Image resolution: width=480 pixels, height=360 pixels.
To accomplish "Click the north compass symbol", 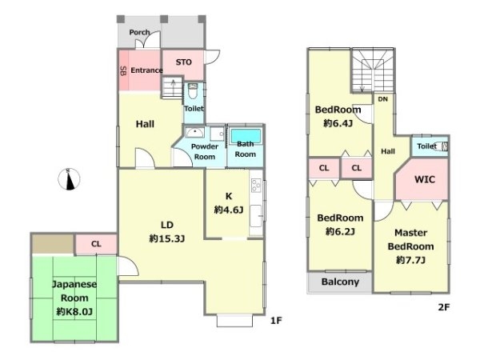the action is click(69, 179).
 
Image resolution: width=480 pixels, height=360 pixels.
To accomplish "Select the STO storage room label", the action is click(184, 62).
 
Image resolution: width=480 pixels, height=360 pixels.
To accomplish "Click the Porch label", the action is click(139, 32).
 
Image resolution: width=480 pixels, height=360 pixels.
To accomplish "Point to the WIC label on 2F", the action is click(425, 179).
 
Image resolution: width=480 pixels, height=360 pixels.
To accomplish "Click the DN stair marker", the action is click(383, 99).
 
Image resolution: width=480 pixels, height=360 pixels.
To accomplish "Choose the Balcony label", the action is click(340, 282).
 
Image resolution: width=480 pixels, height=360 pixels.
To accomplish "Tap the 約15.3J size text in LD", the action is click(167, 238).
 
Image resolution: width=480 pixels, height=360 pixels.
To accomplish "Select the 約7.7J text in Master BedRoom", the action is click(410, 260).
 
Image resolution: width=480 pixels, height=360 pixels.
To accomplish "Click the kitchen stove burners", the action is click(256, 186).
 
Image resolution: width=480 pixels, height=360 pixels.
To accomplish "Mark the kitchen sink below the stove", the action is click(256, 216).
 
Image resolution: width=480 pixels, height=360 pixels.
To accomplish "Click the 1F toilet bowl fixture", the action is click(193, 90).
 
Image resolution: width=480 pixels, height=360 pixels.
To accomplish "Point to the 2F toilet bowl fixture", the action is click(442, 146).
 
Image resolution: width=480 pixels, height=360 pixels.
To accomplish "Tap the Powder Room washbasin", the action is click(194, 133).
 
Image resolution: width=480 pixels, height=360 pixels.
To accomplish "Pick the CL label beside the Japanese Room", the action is click(96, 244).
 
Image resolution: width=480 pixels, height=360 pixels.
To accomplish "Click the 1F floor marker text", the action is click(276, 321).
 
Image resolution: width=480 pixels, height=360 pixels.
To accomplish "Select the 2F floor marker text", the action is click(444, 307).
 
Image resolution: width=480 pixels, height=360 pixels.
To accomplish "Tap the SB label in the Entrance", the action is click(124, 71).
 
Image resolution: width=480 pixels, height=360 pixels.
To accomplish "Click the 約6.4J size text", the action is click(338, 123).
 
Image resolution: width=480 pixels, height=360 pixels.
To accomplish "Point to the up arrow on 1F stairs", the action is click(174, 86).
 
